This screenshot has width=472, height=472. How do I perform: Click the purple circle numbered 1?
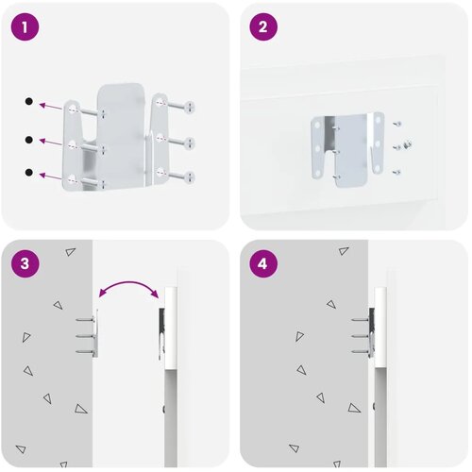[x=25, y=26]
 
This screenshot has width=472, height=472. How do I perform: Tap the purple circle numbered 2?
[x=263, y=26]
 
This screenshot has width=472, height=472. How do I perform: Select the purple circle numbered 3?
[x=25, y=263]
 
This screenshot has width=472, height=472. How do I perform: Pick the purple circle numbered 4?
[x=263, y=263]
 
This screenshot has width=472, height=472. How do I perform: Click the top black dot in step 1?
[x=29, y=101]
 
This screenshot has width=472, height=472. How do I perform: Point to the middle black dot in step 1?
[x=29, y=140]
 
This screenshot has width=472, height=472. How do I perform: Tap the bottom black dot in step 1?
[x=29, y=173]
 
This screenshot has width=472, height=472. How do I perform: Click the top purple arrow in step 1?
[x=50, y=106]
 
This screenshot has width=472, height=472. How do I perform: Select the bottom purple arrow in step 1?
[x=50, y=177]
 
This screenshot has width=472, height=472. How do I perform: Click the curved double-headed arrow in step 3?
[x=128, y=282]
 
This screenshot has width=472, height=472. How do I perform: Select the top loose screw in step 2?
[x=397, y=124]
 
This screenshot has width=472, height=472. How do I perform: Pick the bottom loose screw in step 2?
[x=396, y=172]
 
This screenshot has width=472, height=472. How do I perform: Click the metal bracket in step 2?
[x=347, y=149]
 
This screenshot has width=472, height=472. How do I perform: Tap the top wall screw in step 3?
[x=85, y=320]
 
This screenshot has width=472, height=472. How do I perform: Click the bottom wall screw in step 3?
[x=85, y=351]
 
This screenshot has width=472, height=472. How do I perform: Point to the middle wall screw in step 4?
[x=361, y=336]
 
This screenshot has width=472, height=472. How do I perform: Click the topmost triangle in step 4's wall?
[x=344, y=251]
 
